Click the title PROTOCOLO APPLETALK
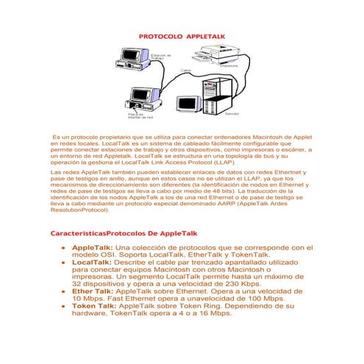click(182, 35)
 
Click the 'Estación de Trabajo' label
click(161, 57)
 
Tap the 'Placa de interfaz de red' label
click(140, 115)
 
